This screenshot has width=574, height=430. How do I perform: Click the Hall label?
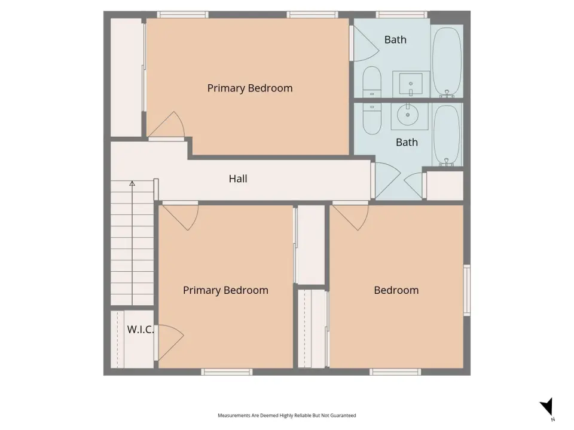[x=238, y=179]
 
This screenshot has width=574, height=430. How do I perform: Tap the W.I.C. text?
[x=140, y=330]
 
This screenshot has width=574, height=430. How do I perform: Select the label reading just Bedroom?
[x=396, y=290]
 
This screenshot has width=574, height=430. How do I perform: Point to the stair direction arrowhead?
[x=132, y=183]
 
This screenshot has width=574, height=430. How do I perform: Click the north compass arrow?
[x=547, y=407]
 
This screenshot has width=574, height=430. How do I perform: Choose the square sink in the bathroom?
[x=410, y=84]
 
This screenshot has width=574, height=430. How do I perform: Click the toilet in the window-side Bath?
[x=372, y=82]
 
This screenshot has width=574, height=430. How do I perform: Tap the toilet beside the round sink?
[x=372, y=118]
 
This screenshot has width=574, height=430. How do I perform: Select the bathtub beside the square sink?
[x=447, y=62]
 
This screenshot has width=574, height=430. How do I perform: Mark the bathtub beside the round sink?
[x=446, y=136]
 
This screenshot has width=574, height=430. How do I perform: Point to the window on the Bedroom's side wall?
[x=467, y=290]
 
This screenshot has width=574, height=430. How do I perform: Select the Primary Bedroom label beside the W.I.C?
[x=225, y=290]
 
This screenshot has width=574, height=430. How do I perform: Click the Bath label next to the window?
[x=395, y=39]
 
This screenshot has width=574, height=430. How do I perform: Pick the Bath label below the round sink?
[x=407, y=142]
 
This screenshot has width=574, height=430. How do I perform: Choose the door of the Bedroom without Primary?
[x=350, y=216]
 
